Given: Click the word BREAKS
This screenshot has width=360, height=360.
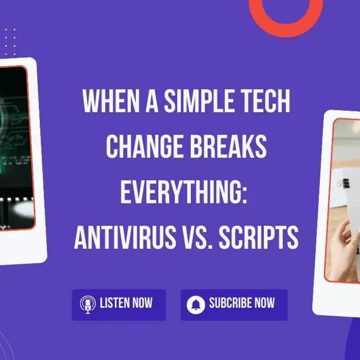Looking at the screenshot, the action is point(229,146).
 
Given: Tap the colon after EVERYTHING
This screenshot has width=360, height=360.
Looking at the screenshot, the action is point(244,195).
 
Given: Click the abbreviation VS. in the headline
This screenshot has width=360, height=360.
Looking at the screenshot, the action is point(197,237).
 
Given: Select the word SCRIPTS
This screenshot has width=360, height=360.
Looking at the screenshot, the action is point(258,237).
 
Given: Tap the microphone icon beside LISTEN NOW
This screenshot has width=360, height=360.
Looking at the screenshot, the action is point(88,305).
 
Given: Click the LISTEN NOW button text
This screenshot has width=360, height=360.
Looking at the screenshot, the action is point(126,303).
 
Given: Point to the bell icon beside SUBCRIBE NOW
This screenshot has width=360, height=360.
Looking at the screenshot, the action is point(196,305).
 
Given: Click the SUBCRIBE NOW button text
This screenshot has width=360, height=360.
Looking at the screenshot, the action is point(242,303).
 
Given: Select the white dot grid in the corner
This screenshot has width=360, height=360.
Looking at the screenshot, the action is point(10,42).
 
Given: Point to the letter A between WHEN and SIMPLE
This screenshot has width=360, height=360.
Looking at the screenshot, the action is point(152,101).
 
